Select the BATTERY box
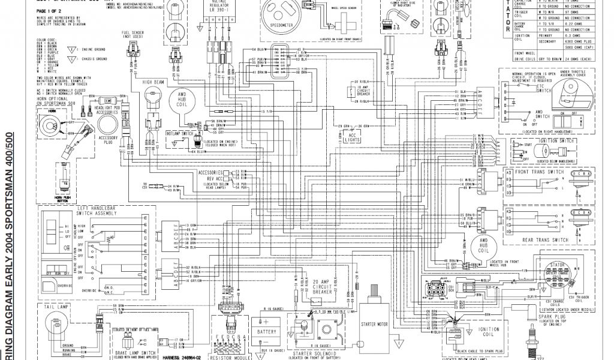(x=267, y=331)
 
